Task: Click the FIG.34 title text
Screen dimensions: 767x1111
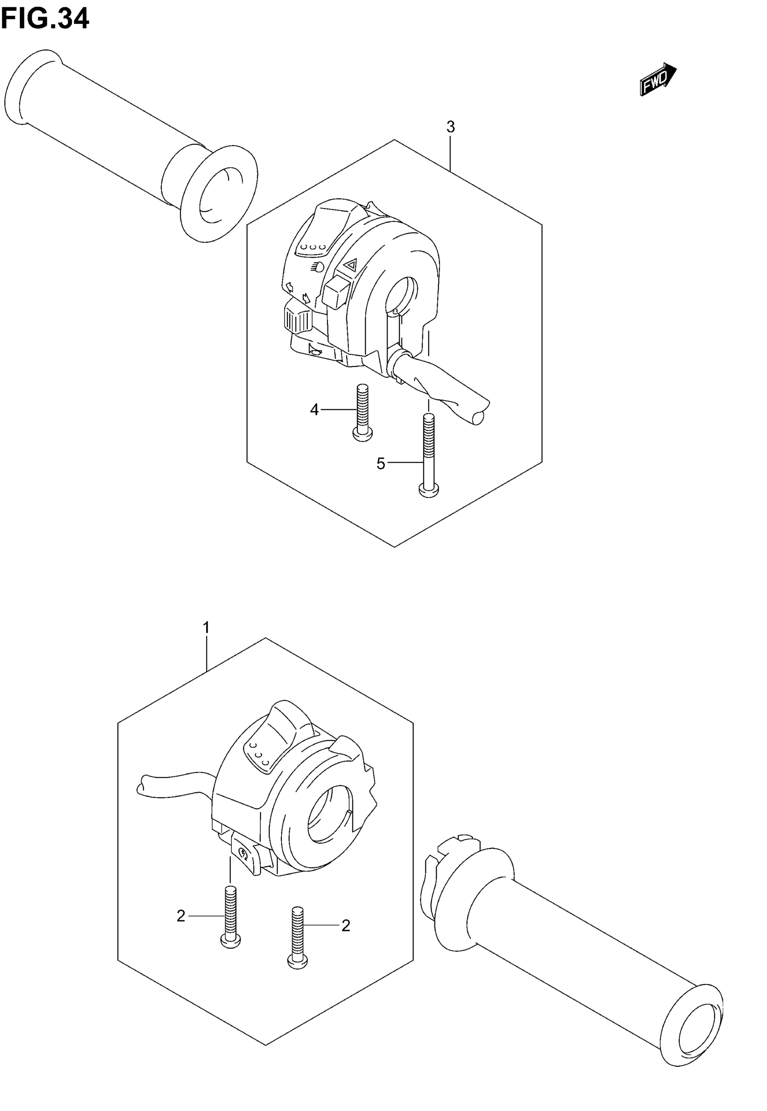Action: click(x=45, y=19)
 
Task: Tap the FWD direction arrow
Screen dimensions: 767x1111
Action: click(x=658, y=79)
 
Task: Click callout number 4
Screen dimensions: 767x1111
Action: click(x=314, y=410)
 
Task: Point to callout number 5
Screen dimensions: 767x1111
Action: click(x=381, y=464)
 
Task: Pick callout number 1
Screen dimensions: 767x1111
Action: click(x=206, y=628)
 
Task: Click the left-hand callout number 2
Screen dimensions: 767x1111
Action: click(x=181, y=917)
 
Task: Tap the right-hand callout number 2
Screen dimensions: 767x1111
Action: click(x=346, y=926)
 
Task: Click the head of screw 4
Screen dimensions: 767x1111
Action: click(x=362, y=435)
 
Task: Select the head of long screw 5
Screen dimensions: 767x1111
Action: click(x=429, y=491)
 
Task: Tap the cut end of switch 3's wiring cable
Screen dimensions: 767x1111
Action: click(x=479, y=417)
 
